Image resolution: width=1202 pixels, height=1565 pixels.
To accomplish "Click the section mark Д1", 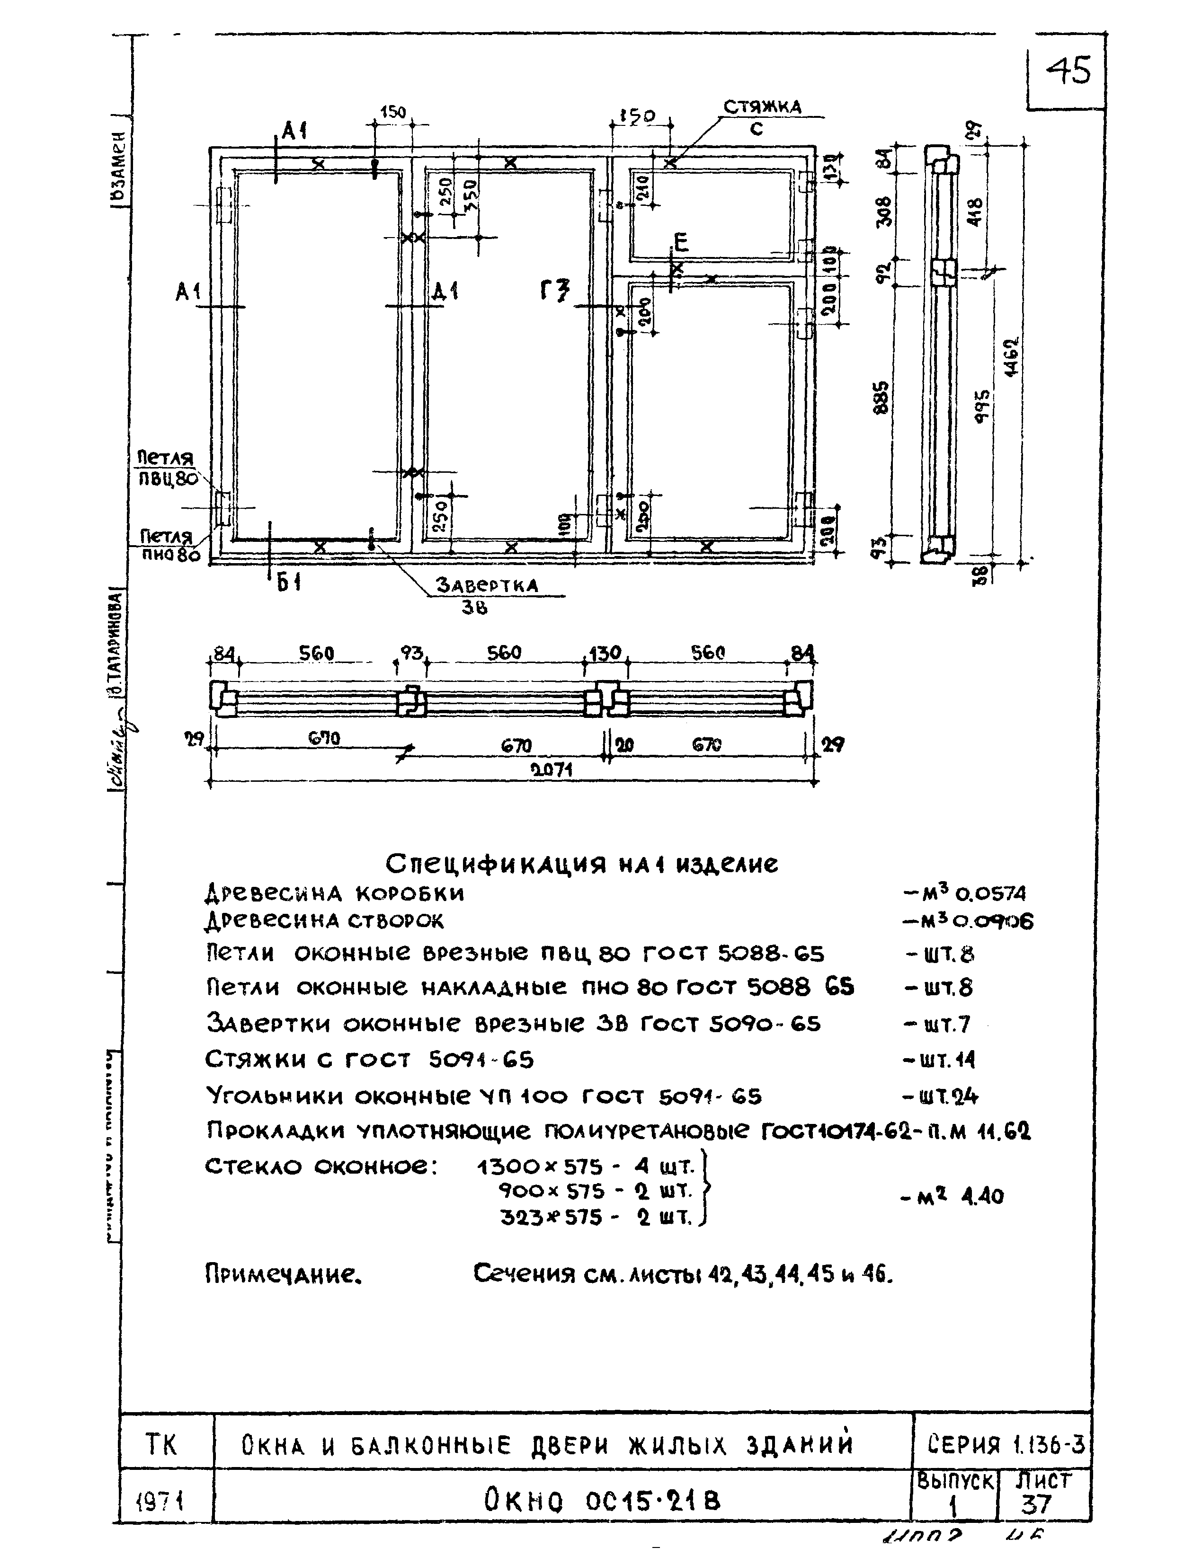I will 445,291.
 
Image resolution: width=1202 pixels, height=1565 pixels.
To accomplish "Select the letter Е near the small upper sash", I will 680,243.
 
